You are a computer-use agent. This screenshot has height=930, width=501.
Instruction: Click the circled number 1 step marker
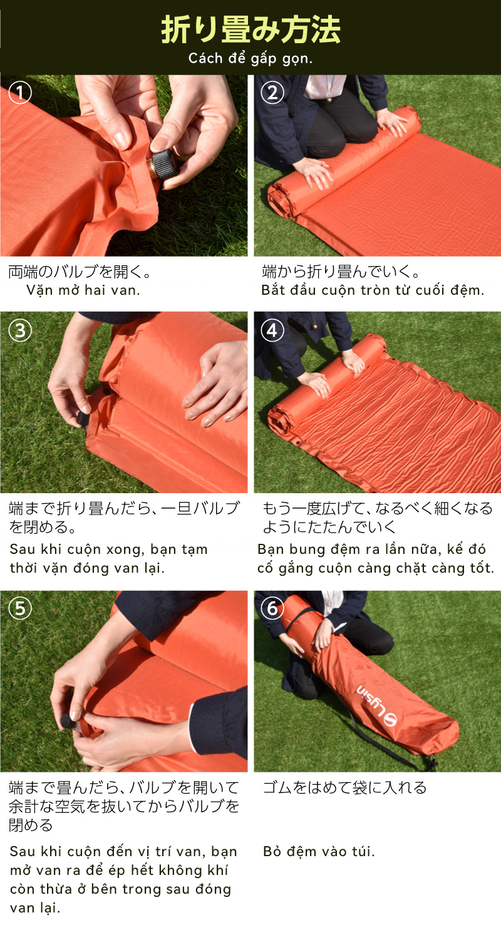20,92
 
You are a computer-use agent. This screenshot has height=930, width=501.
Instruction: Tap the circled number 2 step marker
272,92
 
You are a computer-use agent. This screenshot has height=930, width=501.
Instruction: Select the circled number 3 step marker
20,330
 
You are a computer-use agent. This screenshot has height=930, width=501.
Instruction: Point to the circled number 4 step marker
272,330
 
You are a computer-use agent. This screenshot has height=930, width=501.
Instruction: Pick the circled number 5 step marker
20,608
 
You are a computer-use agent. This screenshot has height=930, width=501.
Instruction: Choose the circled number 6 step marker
272,608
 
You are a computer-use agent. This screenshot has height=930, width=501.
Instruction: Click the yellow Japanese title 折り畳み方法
250,29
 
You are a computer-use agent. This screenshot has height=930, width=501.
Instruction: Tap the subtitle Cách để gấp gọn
250,59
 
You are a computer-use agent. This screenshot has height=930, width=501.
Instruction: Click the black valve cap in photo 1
166,165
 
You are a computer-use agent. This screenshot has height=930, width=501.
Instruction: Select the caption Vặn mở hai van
83,290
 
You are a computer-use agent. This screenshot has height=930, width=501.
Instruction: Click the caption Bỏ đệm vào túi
319,852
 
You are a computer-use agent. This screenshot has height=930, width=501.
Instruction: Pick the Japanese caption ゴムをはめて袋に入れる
345,787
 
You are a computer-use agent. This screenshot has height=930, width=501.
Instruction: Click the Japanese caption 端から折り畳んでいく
341,272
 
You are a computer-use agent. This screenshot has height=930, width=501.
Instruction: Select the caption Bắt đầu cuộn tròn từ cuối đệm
373,290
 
